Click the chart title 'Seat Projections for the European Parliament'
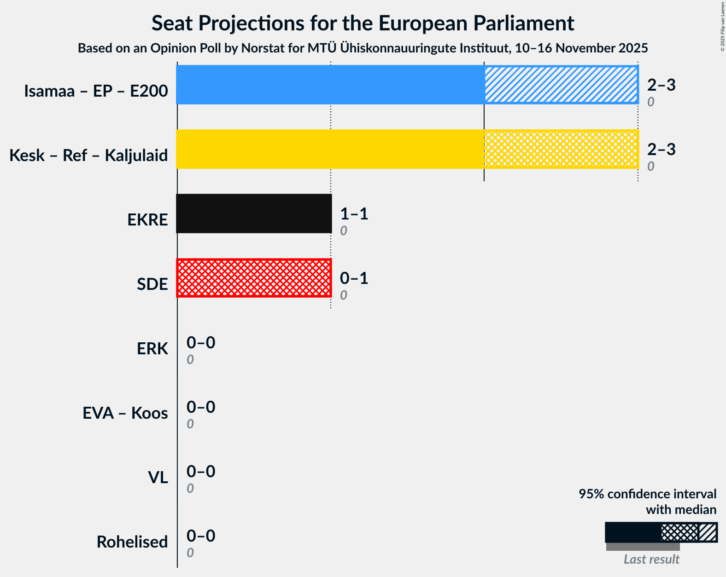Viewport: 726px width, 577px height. click(x=363, y=23)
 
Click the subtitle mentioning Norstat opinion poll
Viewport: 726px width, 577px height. click(x=363, y=48)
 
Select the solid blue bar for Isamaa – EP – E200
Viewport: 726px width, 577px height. click(x=330, y=85)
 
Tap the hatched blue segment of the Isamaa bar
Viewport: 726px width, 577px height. click(x=561, y=85)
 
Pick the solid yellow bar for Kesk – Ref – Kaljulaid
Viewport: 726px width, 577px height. click(x=330, y=149)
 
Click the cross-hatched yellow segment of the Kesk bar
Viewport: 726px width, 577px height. click(x=561, y=149)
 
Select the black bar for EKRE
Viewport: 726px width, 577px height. click(x=254, y=213)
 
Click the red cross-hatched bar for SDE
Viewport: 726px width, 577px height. click(x=254, y=278)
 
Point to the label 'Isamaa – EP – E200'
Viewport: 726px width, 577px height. click(x=96, y=91)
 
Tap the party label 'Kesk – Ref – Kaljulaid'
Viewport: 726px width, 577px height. click(x=88, y=156)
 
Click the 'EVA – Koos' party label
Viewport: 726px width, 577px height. click(x=125, y=413)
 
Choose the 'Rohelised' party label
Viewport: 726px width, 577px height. click(x=132, y=542)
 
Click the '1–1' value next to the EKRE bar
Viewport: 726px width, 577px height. click(x=354, y=214)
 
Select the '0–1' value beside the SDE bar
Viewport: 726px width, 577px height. click(x=354, y=278)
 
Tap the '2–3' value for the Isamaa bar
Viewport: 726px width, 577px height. click(x=661, y=85)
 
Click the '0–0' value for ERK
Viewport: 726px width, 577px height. click(x=200, y=343)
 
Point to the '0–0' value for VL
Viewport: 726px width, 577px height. click(x=200, y=472)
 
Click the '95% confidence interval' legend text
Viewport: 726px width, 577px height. click(x=647, y=494)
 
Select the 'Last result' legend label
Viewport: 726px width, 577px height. click(x=651, y=560)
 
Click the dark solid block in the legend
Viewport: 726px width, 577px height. click(x=632, y=532)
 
